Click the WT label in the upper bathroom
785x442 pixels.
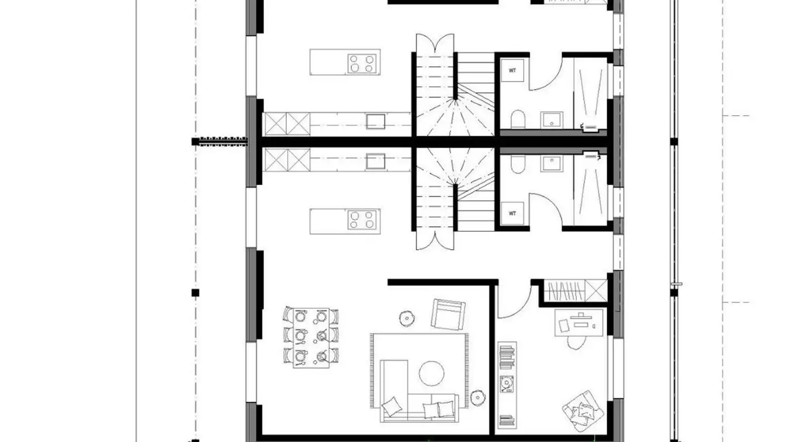tap(512, 71)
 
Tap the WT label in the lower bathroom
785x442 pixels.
tap(512, 213)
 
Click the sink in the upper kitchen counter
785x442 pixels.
tap(376, 121)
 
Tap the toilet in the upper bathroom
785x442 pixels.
tap(518, 120)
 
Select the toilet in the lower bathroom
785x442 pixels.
tap(518, 164)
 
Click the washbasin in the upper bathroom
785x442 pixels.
tap(551, 120)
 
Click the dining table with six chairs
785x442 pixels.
tap(311, 337)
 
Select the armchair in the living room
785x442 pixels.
tap(448, 315)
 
